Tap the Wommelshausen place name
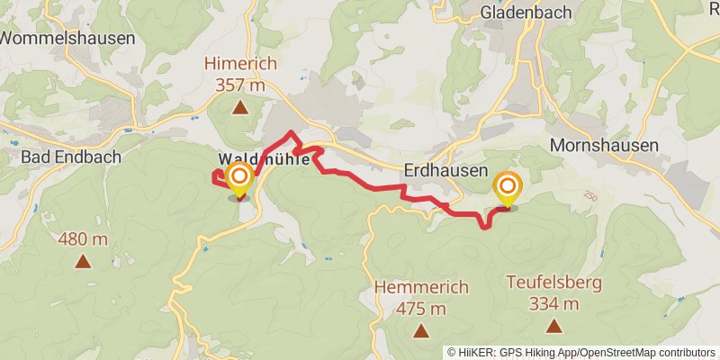tap(67, 38)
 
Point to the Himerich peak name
tap(240, 64)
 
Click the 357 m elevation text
tap(240, 85)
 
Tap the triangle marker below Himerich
tap(240, 109)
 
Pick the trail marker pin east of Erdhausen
tap(508, 188)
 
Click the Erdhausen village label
tap(446, 170)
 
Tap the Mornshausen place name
tap(604, 145)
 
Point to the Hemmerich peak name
tap(421, 288)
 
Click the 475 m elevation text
tap(421, 309)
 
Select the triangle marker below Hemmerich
tap(420, 332)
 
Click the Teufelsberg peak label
tap(553, 283)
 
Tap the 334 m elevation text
tap(553, 303)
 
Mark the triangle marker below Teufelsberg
tap(553, 327)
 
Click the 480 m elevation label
tap(83, 239)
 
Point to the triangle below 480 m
tap(83, 262)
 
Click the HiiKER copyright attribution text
tap(581, 352)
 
